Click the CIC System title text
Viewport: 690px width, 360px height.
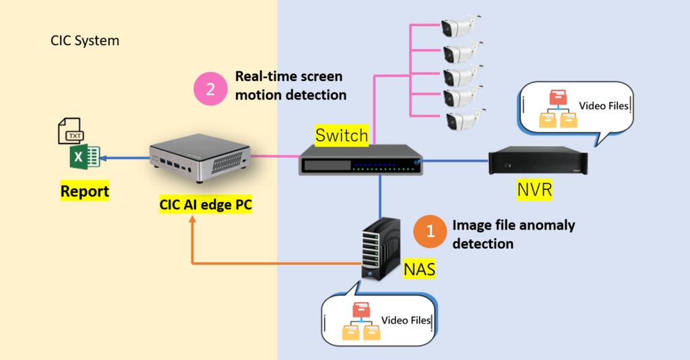coord(85,40)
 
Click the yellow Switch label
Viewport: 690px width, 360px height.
coord(343,136)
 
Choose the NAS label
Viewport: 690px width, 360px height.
coord(419,270)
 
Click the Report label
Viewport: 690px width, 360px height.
coord(85,191)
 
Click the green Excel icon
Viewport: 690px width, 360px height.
coord(83,158)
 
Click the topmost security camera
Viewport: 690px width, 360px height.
coord(461,26)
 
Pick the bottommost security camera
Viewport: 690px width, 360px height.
coord(464,120)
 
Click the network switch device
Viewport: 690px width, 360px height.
coord(361,160)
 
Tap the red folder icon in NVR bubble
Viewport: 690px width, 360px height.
coord(559,98)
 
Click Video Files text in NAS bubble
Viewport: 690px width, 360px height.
coord(406,320)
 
